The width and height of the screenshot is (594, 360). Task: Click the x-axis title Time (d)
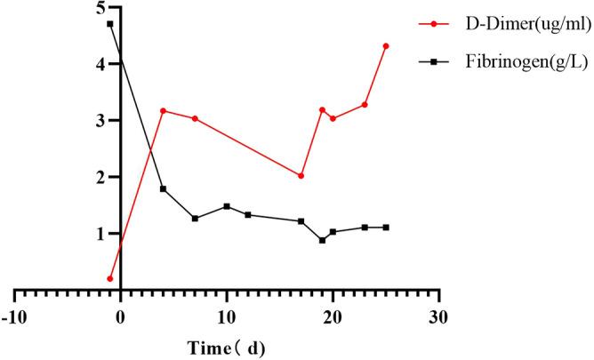(226, 345)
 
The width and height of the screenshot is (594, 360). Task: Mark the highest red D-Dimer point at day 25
(386, 46)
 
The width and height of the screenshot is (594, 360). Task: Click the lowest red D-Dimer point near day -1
(109, 278)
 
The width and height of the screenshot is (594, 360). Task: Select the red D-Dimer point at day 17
(301, 176)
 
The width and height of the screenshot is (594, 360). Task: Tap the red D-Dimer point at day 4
(163, 111)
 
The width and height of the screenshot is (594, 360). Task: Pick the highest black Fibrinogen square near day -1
(109, 24)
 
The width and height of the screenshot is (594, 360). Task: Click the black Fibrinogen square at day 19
(322, 240)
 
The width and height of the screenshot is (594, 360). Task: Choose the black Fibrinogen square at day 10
(227, 206)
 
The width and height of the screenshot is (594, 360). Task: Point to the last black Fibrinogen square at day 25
(386, 228)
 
